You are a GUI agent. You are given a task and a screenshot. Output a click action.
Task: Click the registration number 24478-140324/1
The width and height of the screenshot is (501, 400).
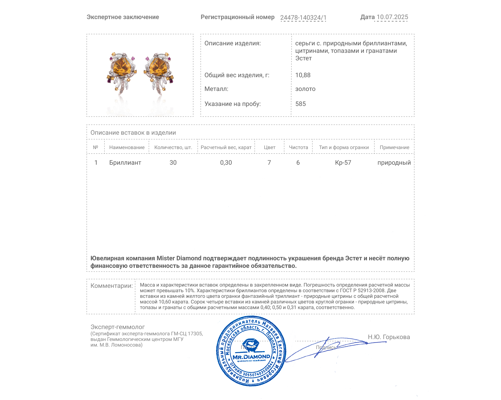303,17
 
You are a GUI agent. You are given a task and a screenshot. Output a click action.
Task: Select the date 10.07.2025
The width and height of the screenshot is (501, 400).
392,17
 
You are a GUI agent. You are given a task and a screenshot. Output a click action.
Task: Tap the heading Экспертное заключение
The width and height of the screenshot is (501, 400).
123,17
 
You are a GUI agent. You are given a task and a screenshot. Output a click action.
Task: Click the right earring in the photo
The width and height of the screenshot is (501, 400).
158,72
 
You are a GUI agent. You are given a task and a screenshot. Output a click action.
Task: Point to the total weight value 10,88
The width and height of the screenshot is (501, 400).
303,75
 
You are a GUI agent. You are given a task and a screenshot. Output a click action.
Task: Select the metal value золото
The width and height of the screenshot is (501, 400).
305,89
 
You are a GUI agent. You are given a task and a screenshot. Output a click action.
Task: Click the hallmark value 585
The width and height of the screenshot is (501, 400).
301,104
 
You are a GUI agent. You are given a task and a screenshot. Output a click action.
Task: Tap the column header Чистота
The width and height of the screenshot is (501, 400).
298,147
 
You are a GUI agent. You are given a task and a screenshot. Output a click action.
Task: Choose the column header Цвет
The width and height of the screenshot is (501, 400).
269,147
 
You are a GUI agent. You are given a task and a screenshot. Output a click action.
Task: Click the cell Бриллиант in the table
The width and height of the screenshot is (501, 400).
125,162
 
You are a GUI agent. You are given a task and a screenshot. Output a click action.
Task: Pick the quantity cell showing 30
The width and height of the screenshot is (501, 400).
173,162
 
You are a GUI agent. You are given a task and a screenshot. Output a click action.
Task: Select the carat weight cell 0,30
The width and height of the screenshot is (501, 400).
226,162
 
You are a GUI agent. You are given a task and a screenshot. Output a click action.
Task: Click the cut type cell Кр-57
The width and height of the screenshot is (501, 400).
343,162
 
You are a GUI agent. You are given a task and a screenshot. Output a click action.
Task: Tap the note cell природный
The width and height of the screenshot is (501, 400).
394,162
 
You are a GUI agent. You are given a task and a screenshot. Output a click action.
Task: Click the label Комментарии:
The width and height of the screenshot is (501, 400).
111,286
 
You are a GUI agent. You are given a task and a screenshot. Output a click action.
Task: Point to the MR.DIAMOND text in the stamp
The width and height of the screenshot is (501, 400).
251,357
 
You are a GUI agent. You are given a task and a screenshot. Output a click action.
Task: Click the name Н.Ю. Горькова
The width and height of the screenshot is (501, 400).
389,337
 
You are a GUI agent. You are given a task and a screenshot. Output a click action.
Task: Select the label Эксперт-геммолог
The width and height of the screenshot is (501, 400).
117,327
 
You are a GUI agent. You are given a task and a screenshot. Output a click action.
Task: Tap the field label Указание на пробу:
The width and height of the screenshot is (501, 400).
232,104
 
